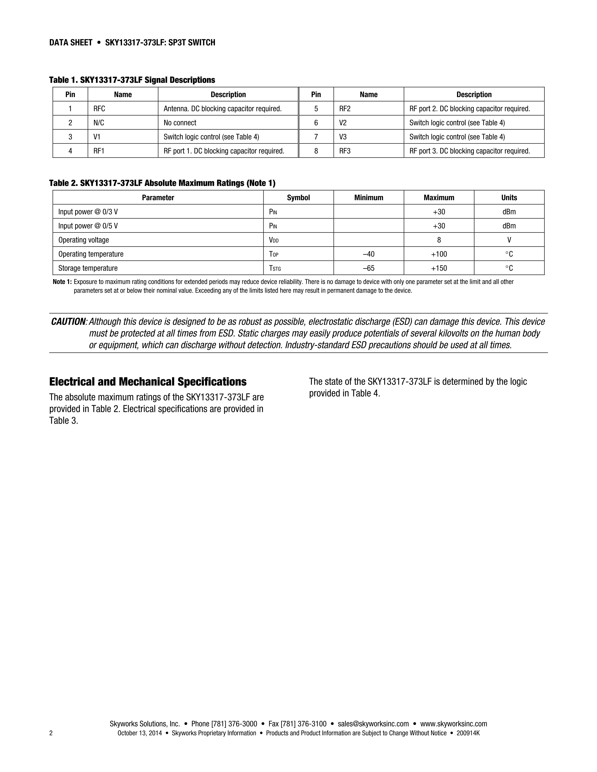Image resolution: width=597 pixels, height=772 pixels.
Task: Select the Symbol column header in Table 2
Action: click(298, 198)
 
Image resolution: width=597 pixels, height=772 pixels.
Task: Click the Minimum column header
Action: click(369, 198)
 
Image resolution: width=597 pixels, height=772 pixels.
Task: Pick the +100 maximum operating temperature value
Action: click(439, 254)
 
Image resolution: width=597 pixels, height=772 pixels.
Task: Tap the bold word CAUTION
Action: click(68, 322)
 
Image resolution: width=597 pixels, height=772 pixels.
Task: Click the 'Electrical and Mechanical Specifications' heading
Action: click(148, 382)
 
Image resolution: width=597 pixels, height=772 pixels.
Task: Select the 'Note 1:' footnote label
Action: click(62, 282)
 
